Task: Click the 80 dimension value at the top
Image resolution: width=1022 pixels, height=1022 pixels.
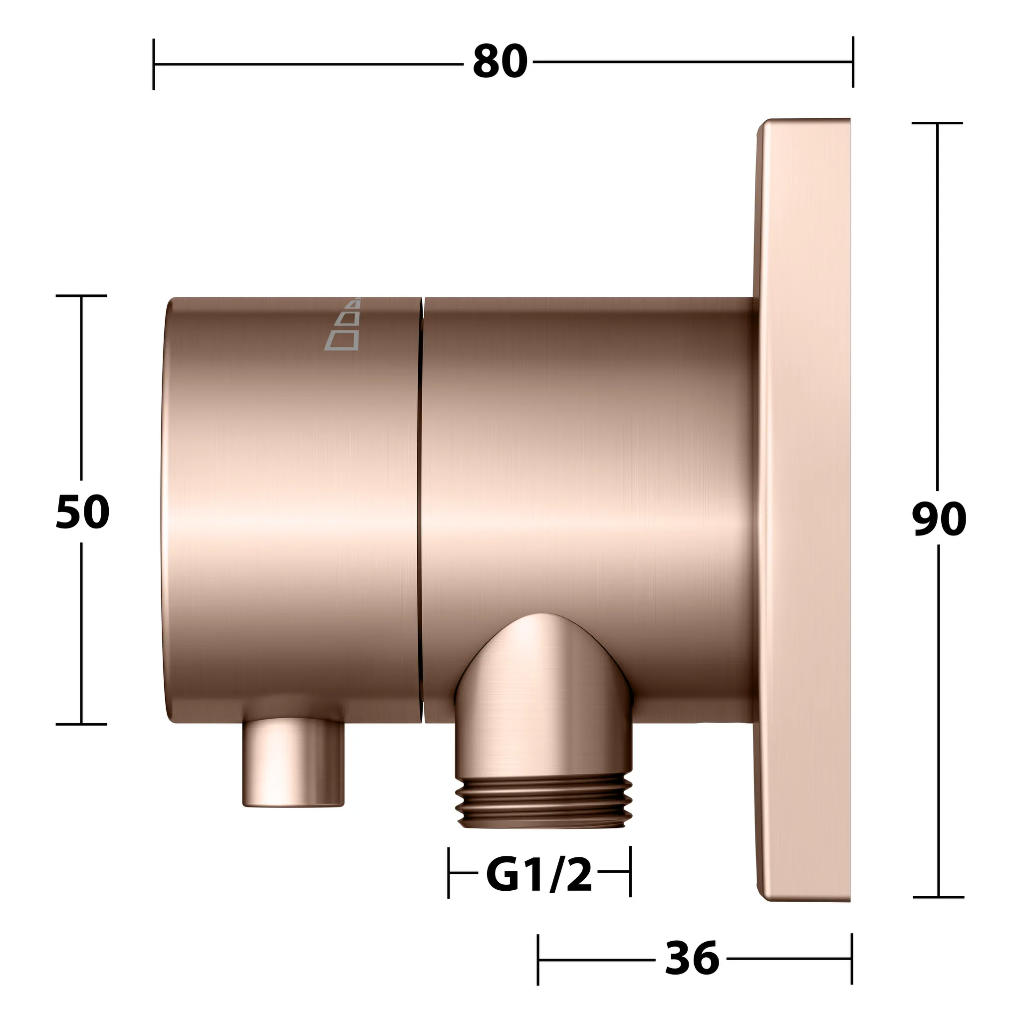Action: click(x=500, y=62)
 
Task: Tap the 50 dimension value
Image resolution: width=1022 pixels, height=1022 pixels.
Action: click(x=82, y=512)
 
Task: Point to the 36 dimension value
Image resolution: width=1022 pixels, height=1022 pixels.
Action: click(x=692, y=943)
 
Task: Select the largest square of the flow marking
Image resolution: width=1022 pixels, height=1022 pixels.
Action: click(x=341, y=340)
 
